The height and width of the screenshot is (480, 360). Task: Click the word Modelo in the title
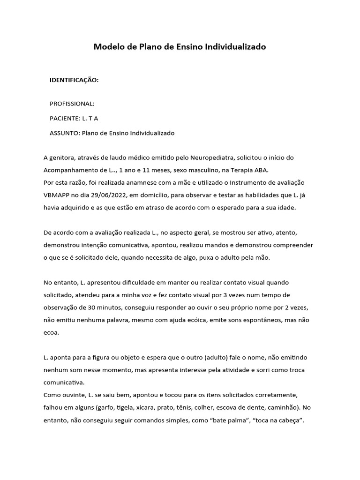[x=107, y=47]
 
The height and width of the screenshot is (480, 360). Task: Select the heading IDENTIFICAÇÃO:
[x=74, y=80]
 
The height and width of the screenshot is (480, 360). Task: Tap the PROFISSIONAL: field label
[x=72, y=103]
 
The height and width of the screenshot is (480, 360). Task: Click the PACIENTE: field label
[x=65, y=118]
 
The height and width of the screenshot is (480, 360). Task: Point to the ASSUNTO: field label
[x=65, y=133]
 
